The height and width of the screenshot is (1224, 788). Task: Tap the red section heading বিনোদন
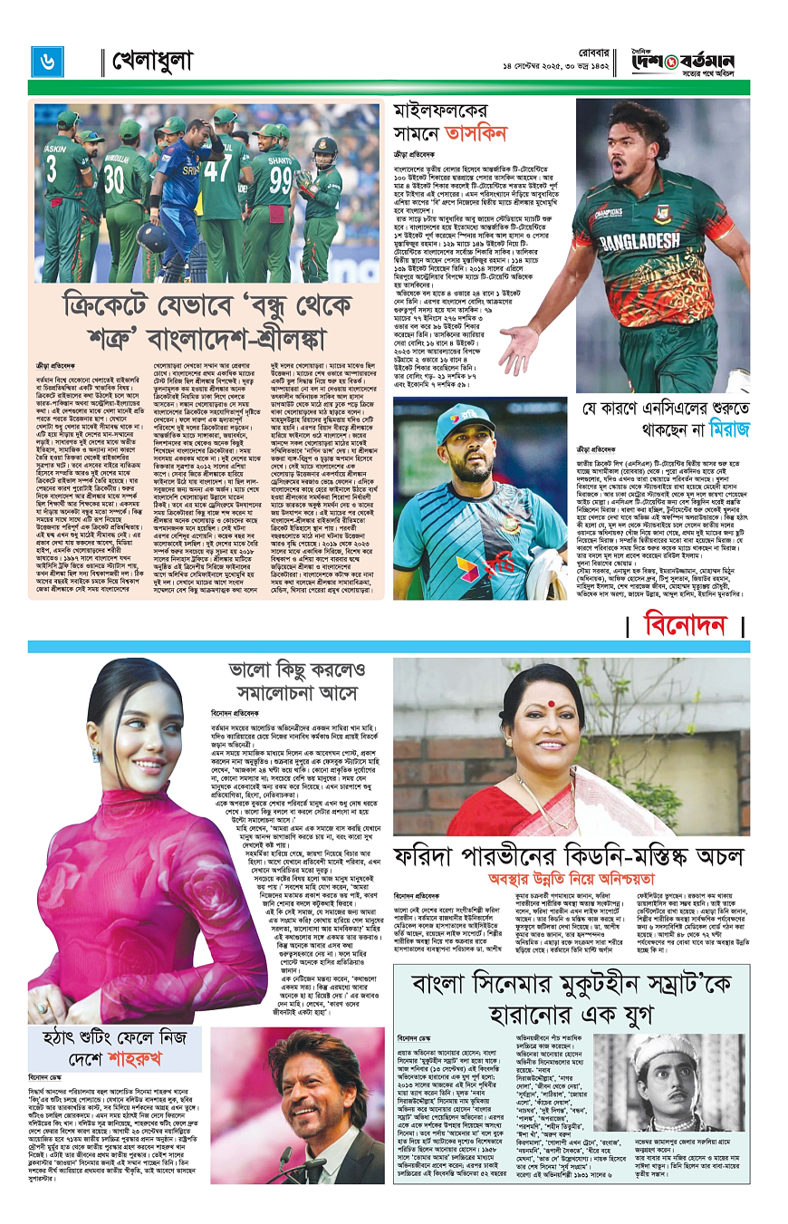click(686, 624)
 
